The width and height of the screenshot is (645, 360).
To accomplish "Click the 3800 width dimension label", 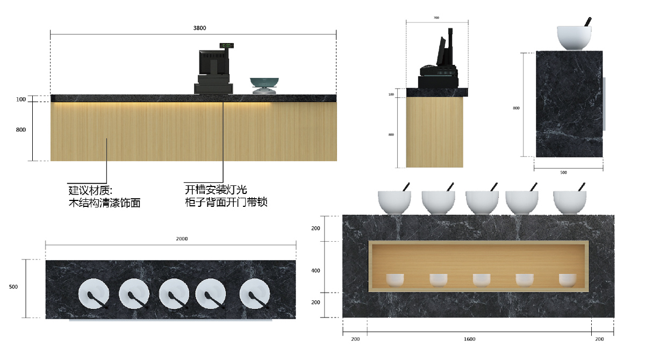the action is pyautogui.click(x=199, y=28).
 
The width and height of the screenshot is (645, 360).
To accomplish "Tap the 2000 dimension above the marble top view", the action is pyautogui.click(x=182, y=239).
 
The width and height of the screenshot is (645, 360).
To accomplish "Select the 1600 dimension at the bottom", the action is pyautogui.click(x=469, y=339).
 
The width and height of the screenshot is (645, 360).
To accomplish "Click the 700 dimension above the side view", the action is pyautogui.click(x=436, y=18).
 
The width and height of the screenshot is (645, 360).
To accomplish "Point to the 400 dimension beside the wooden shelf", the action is pyautogui.click(x=316, y=270).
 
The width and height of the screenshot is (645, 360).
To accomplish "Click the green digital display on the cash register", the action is pyautogui.click(x=227, y=46).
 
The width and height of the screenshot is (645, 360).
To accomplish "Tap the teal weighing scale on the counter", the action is pyautogui.click(x=264, y=85).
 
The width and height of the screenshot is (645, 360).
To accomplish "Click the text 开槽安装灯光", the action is pyautogui.click(x=216, y=190).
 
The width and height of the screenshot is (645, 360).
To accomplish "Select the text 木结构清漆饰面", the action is pyautogui.click(x=104, y=203).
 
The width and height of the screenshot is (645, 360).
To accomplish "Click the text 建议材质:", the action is pyautogui.click(x=90, y=190).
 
